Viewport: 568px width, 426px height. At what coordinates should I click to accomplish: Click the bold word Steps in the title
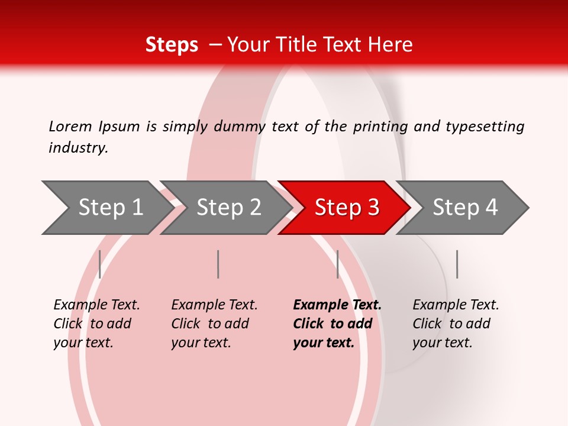pyautogui.click(x=172, y=45)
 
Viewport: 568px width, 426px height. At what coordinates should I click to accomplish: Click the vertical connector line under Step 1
pyautogui.click(x=100, y=264)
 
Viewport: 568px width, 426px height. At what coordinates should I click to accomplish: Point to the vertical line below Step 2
pyautogui.click(x=218, y=264)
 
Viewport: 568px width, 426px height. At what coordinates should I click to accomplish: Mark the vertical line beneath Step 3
pyautogui.click(x=338, y=264)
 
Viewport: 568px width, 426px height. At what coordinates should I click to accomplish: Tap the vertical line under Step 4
pyautogui.click(x=457, y=264)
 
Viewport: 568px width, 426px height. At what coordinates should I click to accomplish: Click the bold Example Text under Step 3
pyautogui.click(x=336, y=324)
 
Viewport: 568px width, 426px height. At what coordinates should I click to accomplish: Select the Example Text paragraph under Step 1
pyautogui.click(x=96, y=324)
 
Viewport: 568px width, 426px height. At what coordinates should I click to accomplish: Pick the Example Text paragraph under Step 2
pyautogui.click(x=214, y=324)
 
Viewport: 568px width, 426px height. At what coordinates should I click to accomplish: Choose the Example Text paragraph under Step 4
pyautogui.click(x=455, y=324)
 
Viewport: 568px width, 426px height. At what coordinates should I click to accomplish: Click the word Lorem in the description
pyautogui.click(x=70, y=126)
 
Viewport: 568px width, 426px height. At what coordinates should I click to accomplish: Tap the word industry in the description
pyautogui.click(x=78, y=147)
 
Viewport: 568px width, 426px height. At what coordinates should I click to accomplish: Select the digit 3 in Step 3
pyautogui.click(x=373, y=208)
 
